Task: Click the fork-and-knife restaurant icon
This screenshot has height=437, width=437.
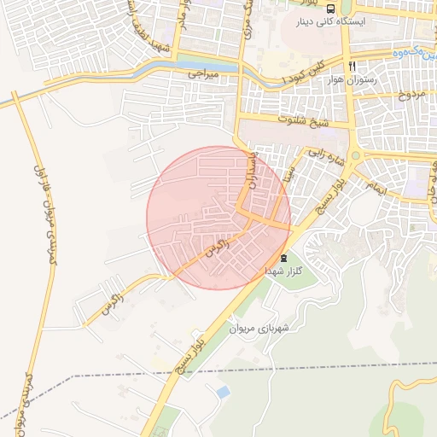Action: click(x=351, y=65)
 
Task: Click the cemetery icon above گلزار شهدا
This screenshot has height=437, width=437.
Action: click(x=283, y=258)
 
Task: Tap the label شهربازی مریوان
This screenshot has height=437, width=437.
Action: click(x=261, y=327)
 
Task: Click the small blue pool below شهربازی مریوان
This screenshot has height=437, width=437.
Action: click(x=224, y=392)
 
